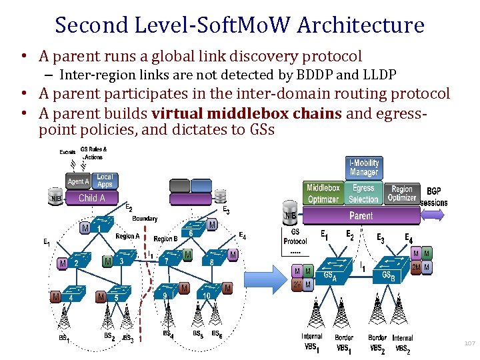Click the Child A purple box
tap(92, 198)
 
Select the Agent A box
tap(78, 181)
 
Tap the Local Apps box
tap(105, 181)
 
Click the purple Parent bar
tap(361, 216)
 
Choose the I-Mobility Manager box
tap(364, 167)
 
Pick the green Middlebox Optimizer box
tap(323, 193)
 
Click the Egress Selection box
tap(363, 193)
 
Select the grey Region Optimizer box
tap(402, 193)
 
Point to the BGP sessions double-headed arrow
tap(433, 215)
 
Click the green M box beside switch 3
tap(107, 261)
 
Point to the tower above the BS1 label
tap(63, 319)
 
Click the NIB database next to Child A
tap(58, 197)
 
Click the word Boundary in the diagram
tap(145, 219)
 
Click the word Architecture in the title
tap(361, 25)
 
